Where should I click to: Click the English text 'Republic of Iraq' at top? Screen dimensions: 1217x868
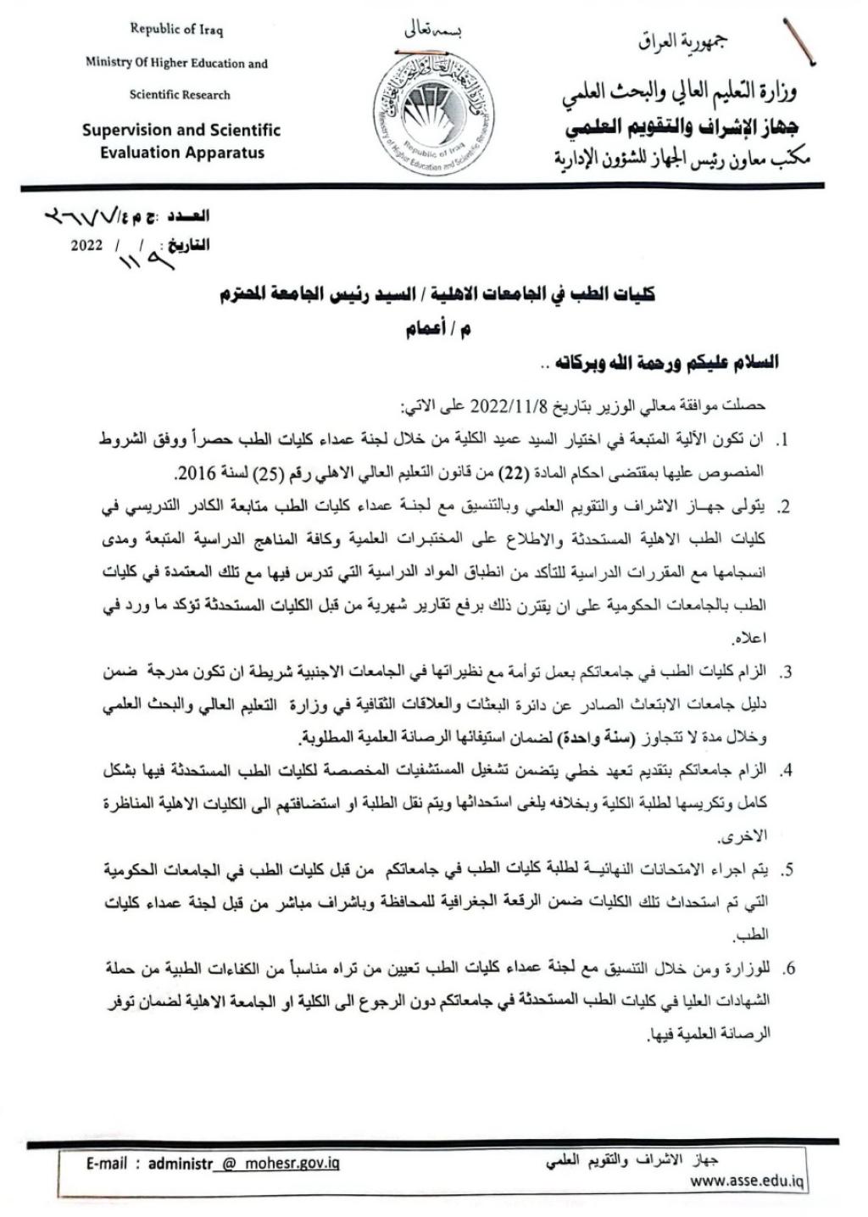click(x=176, y=30)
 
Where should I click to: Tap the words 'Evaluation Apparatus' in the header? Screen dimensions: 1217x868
click(x=181, y=154)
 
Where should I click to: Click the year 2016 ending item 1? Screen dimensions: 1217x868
click(x=192, y=472)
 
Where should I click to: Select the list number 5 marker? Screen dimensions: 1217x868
click(x=786, y=870)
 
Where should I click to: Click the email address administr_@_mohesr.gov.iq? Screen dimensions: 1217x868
click(x=244, y=1163)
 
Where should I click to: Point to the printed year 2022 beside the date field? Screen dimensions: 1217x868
click(x=86, y=246)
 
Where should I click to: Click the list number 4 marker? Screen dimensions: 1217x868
click(x=786, y=771)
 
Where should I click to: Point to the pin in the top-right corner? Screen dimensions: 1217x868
click(x=800, y=42)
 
